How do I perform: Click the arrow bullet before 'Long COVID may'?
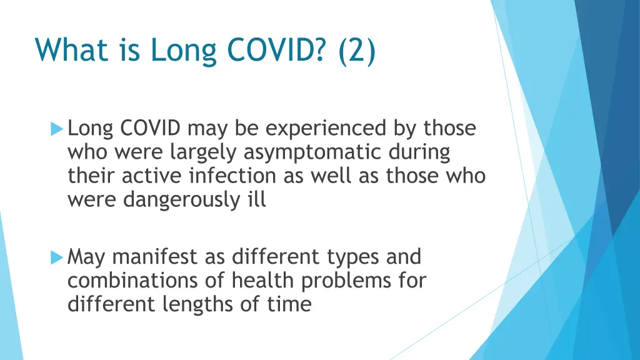[x=57, y=129]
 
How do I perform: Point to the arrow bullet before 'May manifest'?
[x=57, y=257]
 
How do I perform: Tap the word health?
[x=263, y=281]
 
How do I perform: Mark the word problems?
[x=349, y=281]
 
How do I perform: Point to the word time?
[x=289, y=304]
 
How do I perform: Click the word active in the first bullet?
[x=148, y=176]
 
